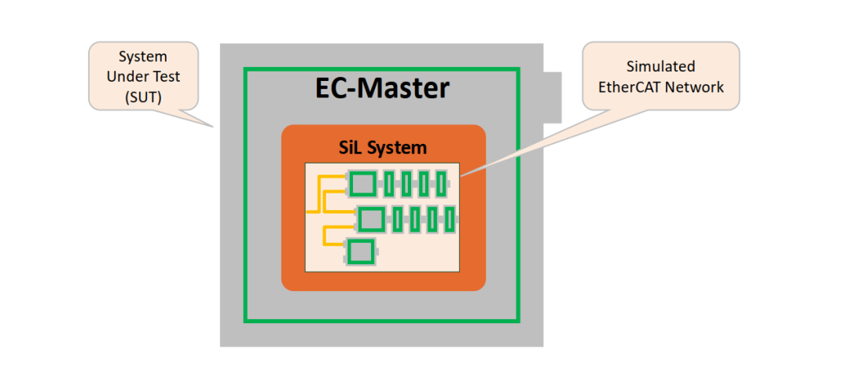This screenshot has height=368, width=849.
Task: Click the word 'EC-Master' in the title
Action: click(x=382, y=89)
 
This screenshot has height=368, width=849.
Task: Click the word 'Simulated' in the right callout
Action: click(x=660, y=66)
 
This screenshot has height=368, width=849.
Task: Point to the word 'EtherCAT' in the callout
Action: click(x=629, y=86)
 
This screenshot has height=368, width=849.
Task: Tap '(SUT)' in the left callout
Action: click(x=143, y=97)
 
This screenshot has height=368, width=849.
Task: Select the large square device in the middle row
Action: click(x=371, y=219)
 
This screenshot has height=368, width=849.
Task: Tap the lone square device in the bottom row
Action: click(x=360, y=252)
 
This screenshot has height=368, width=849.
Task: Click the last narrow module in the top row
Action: click(x=441, y=184)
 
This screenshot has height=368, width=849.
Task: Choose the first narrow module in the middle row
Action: click(x=398, y=219)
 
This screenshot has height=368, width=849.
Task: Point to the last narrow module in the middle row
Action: click(x=450, y=219)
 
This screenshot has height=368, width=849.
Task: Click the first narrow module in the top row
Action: click(x=389, y=184)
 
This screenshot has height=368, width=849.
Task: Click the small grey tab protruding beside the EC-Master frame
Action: click(x=553, y=98)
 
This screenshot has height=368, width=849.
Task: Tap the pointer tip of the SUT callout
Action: click(x=213, y=127)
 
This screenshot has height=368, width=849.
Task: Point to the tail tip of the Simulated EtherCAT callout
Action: click(x=461, y=175)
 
